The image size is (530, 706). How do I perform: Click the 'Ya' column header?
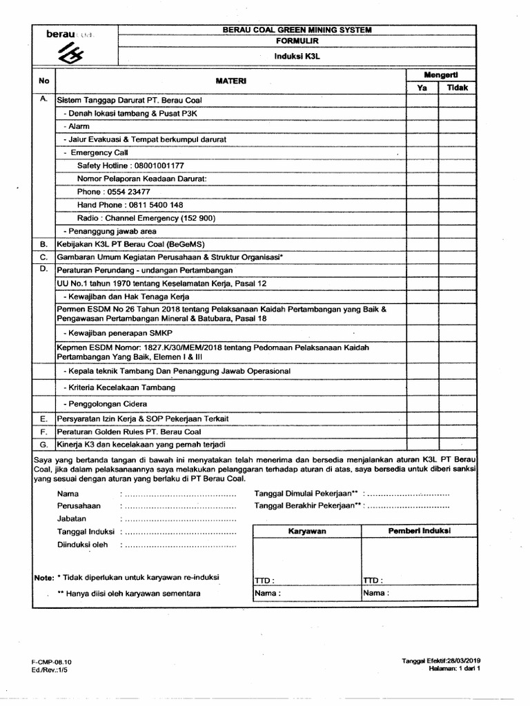point(422,88)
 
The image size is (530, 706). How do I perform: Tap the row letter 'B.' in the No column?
point(43,244)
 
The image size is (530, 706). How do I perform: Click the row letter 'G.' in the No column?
point(43,444)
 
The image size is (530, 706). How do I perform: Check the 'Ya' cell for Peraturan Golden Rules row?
point(422,432)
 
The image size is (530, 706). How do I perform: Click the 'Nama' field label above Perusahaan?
point(68,494)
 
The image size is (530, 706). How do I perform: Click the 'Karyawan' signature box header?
point(307,532)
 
